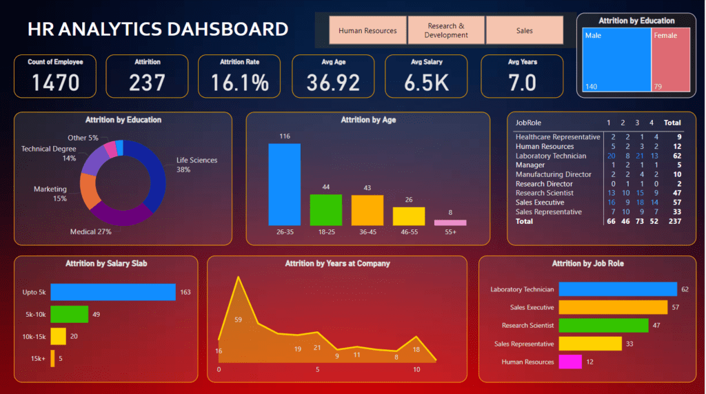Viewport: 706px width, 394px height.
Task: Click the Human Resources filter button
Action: (367, 30)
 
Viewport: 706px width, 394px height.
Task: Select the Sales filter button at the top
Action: (524, 30)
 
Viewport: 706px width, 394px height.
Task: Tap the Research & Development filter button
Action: (446, 30)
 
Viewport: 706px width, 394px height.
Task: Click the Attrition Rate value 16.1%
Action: (239, 83)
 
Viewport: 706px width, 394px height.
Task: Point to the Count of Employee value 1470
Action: (55, 83)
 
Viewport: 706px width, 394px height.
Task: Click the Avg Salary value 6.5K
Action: (425, 83)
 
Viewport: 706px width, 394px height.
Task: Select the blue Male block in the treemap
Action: (616, 60)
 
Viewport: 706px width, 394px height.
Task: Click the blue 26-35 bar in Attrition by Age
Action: (284, 184)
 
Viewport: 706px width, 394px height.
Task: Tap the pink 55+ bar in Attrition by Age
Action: (450, 222)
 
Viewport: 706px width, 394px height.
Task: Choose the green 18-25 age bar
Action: (325, 209)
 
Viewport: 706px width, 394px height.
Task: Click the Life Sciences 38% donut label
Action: (196, 165)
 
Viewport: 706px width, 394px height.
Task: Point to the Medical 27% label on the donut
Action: (90, 232)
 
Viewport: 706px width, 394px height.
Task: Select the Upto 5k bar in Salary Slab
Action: (113, 292)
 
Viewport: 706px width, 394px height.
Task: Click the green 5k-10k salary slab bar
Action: (69, 314)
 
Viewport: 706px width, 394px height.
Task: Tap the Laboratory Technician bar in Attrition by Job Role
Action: (618, 289)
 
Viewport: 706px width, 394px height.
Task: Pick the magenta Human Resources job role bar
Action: (570, 362)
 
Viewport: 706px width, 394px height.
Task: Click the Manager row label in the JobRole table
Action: (530, 165)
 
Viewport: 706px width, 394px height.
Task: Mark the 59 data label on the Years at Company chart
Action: (239, 320)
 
